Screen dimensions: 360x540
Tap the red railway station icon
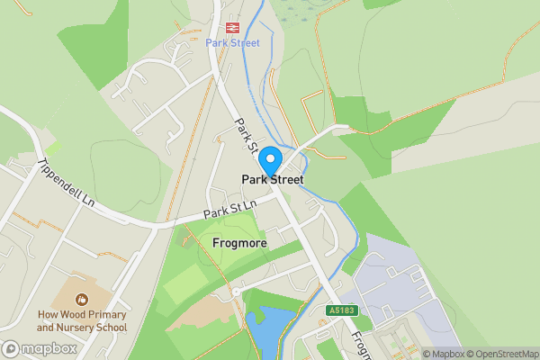pos(232,27)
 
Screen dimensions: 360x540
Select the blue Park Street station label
pos(232,42)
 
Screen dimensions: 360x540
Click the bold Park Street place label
pos(272,180)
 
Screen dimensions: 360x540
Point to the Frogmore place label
pos(238,243)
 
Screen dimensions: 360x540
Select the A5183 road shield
pos(342,310)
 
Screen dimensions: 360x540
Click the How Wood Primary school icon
pos(82,299)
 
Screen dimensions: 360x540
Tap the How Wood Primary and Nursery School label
pos(82,321)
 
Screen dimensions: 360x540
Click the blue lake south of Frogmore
pos(265,333)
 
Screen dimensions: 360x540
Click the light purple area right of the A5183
pos(396,288)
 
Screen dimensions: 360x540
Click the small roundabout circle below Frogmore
pos(236,292)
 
